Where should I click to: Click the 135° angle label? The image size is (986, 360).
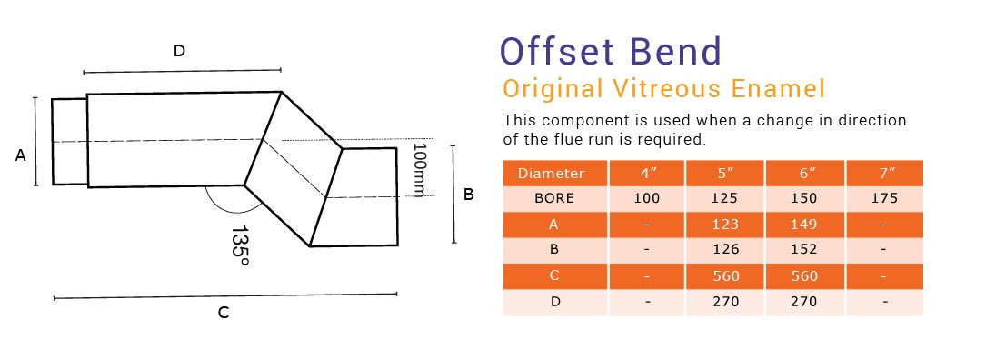[240, 246]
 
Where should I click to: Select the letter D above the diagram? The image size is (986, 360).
[179, 51]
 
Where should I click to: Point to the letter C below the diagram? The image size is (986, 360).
[223, 313]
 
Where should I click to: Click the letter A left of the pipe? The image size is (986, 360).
[20, 155]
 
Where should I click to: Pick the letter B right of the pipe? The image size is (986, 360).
[469, 194]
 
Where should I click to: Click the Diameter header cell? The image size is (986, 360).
[551, 173]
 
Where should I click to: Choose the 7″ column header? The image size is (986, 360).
[883, 173]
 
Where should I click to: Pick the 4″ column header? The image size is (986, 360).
[647, 173]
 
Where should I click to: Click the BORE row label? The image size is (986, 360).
[551, 198]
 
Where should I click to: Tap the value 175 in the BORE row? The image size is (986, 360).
[883, 198]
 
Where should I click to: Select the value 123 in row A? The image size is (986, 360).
[726, 225]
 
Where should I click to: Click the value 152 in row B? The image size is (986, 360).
[804, 250]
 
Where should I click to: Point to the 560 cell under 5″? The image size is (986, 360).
[726, 276]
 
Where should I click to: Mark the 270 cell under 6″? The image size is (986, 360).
[804, 302]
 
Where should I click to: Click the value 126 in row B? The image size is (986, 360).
[726, 250]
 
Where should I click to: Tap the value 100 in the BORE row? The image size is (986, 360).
[647, 198]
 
